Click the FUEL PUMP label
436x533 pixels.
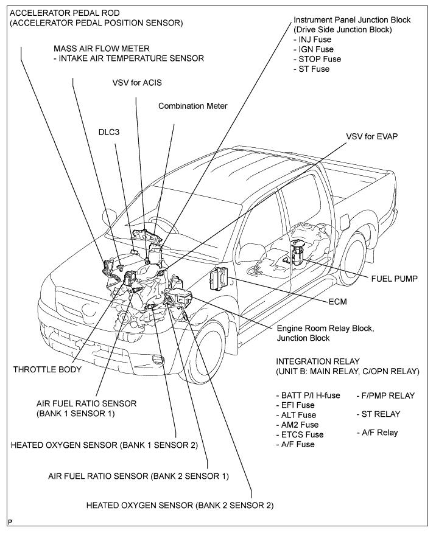tap(395, 279)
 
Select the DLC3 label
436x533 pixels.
tap(110, 131)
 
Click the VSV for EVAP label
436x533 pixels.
tap(371, 136)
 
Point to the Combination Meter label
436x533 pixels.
tap(192, 106)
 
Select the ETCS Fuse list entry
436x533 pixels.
tap(300, 434)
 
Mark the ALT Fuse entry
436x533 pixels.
tap(295, 414)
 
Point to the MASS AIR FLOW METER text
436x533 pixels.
tap(101, 48)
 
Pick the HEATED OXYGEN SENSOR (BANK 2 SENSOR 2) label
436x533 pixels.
tap(180, 505)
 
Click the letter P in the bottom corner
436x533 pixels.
tap(10, 522)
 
